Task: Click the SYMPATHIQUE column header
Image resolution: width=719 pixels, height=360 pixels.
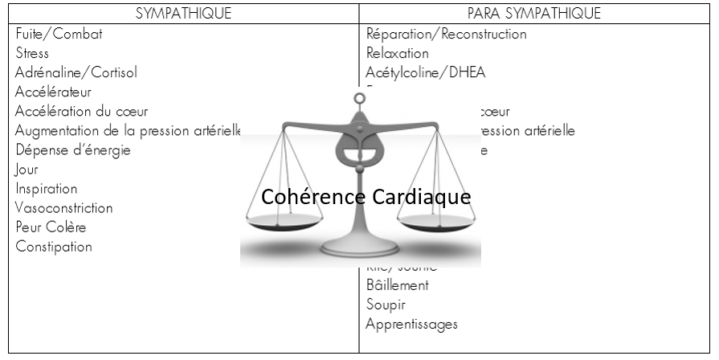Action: pos(185,14)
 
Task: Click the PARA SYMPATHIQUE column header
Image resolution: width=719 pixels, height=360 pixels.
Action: pos(534,14)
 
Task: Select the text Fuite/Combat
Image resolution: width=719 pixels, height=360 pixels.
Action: pos(59,35)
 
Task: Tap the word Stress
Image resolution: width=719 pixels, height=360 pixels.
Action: pos(32,54)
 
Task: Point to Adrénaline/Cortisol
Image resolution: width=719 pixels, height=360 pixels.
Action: pos(76,73)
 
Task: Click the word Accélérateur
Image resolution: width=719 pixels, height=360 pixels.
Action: pos(53,92)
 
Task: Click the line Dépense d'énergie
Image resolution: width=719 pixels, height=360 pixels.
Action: pos(72,150)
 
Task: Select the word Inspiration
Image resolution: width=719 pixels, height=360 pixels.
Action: pos(47,189)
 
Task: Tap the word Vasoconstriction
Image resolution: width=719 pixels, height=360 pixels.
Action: pos(64,208)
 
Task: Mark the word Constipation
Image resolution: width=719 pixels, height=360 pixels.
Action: pos(54,247)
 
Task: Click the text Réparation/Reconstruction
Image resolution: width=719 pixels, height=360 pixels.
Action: pos(446,35)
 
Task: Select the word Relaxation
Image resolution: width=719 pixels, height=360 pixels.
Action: pos(397,54)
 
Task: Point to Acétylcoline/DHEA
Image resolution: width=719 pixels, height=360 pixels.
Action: pos(425,73)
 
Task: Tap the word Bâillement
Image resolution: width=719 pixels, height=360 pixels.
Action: pos(397,285)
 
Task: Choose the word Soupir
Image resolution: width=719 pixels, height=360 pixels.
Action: pos(386,305)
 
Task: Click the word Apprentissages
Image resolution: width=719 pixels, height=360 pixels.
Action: pos(411,325)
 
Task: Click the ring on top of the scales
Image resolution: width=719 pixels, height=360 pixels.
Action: pos(359,100)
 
